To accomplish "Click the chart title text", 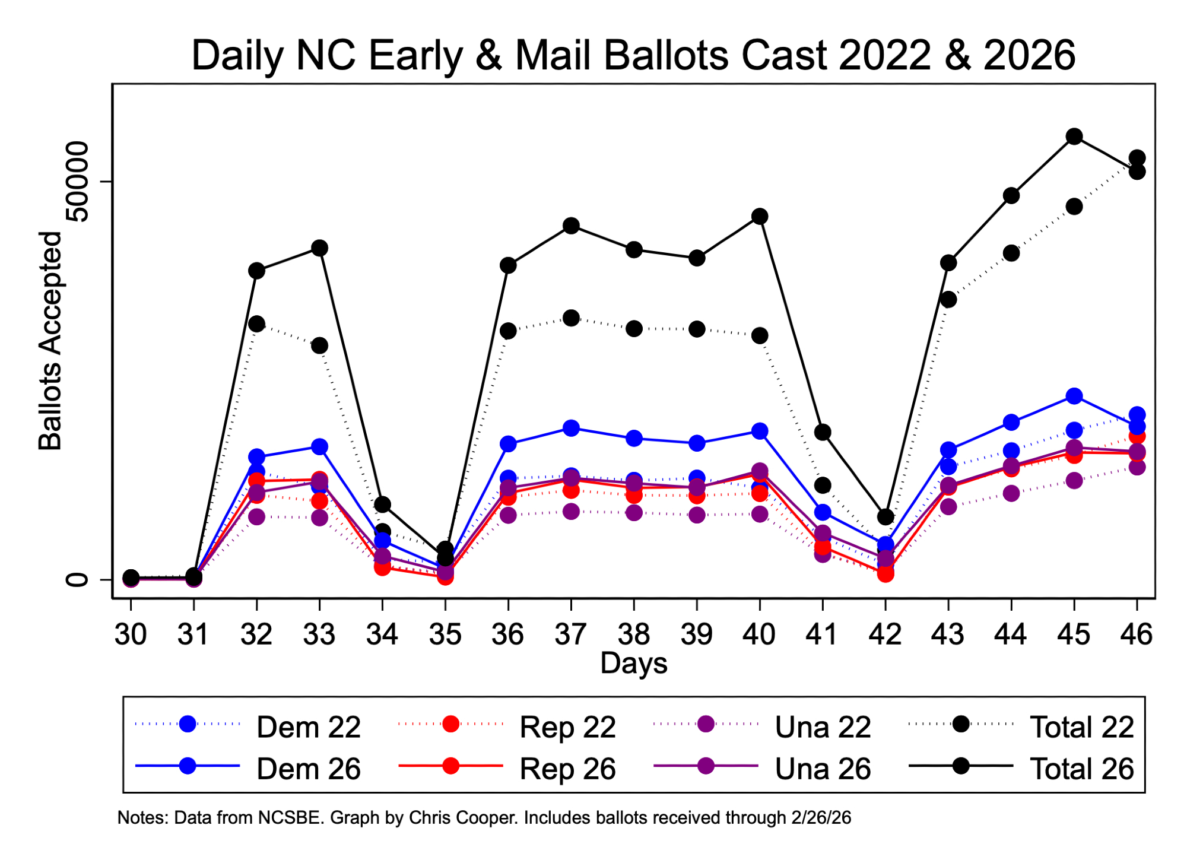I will pos(633,55).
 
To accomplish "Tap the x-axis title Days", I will pos(633,663).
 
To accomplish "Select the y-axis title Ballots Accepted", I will pos(50,341).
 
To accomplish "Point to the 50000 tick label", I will pos(78,182).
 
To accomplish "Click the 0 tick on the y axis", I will pos(78,579).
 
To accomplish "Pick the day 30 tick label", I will pos(131,634).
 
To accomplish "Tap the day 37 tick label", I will pos(571,634).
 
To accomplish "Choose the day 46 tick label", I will pos(1136,634).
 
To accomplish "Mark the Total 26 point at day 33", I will pos(319,248).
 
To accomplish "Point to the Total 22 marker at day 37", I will pos(571,318).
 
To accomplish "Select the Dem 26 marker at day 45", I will pos(1074,396).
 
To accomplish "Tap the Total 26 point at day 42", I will pos(886,517).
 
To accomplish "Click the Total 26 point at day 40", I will pos(760,217).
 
